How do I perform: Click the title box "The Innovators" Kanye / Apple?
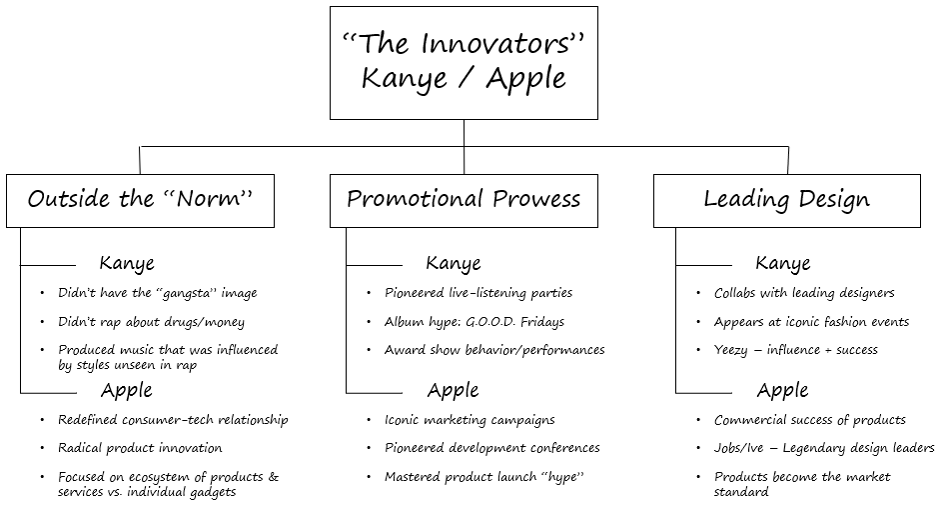[464, 62]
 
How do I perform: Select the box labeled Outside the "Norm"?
[140, 200]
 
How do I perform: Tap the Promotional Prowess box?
[464, 200]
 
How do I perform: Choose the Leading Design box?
[787, 200]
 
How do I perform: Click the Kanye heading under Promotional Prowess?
[453, 264]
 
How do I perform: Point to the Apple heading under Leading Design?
[782, 390]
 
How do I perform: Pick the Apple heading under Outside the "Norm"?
[126, 390]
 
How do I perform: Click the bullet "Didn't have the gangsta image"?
[157, 293]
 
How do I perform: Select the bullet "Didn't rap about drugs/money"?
[151, 322]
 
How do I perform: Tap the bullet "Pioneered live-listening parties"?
[478, 293]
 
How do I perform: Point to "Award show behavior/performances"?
[494, 350]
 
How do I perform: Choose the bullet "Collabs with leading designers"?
[804, 293]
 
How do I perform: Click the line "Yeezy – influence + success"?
[796, 350]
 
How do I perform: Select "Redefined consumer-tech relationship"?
[173, 420]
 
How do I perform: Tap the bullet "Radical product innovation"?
[140, 448]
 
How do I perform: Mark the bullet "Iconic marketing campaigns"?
[469, 420]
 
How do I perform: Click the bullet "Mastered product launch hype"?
[483, 477]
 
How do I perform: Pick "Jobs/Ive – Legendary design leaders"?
[824, 448]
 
